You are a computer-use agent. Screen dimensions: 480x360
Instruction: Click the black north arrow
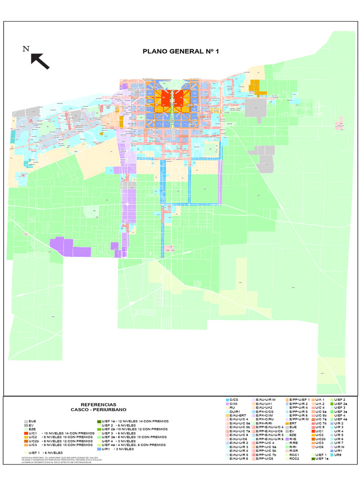pos(40,61)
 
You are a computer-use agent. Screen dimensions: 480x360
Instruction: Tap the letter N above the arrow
pos(26,49)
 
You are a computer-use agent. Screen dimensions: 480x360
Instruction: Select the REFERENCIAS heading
pos(98,405)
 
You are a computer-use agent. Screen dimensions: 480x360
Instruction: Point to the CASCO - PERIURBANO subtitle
pos(98,410)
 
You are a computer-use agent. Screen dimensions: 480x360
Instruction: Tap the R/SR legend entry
pos(294,450)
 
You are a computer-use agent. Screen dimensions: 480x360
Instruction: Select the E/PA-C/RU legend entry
pos(264,420)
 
